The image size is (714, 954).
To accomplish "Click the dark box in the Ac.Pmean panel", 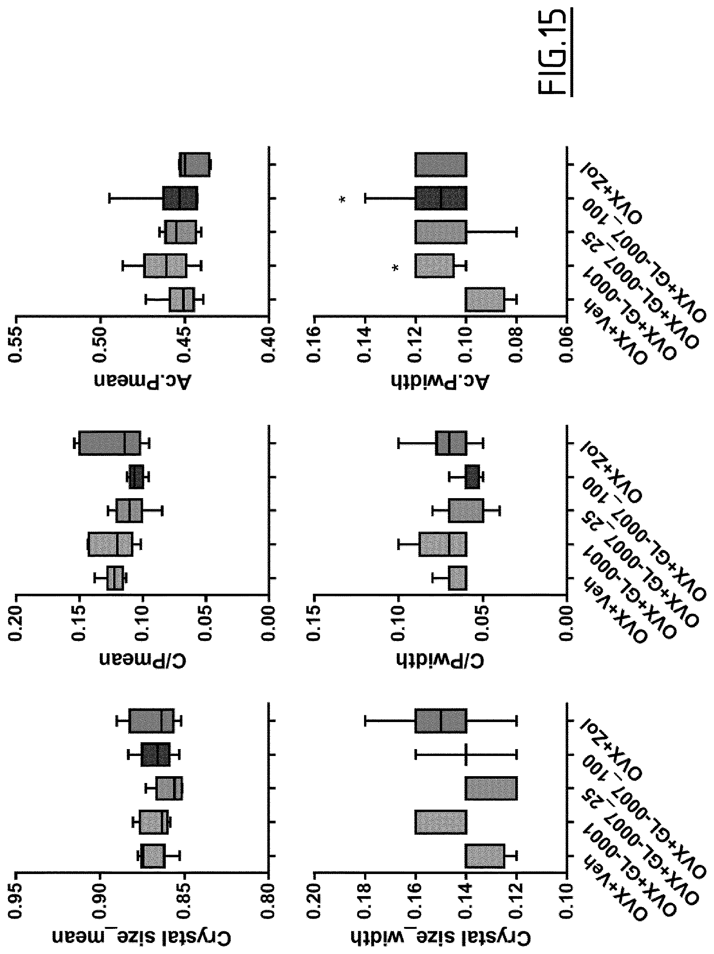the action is (180, 198).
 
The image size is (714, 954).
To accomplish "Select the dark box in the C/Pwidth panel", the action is (472, 476).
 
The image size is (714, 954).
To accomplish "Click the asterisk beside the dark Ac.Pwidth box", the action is (343, 200).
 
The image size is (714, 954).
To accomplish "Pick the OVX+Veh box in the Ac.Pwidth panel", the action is (485, 299).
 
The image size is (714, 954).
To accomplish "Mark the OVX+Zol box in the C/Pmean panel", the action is (110, 443).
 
